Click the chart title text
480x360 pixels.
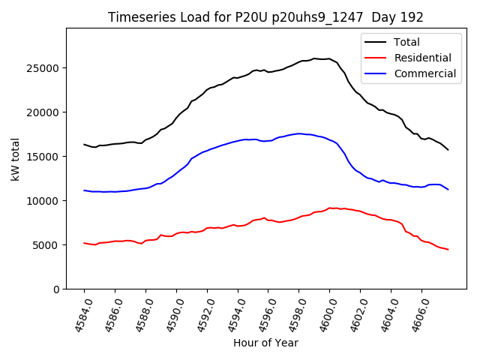[x=265, y=17]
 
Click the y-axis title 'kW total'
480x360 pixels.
[x=15, y=159]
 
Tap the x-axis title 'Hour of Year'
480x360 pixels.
[x=265, y=343]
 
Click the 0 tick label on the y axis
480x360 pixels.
[x=56, y=289]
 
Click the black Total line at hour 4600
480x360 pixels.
[x=329, y=58]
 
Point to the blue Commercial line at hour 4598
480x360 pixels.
[x=298, y=133]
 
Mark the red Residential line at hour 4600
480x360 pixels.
[x=329, y=208]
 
